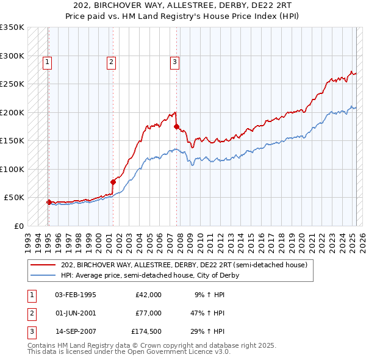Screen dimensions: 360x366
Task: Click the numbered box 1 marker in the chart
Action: click(48, 61)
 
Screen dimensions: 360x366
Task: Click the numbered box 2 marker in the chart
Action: click(111, 61)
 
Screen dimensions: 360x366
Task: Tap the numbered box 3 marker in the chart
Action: click(174, 61)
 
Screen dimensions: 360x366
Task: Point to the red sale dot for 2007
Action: click(176, 127)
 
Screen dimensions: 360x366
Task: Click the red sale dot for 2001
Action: click(113, 181)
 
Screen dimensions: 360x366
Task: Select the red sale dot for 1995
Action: click(49, 201)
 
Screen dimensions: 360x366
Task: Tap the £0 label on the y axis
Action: click(19, 226)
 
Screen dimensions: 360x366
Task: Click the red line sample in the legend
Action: click(43, 265)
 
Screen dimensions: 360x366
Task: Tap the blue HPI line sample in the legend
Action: click(43, 275)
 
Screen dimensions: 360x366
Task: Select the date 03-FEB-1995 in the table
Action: click(76, 295)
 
